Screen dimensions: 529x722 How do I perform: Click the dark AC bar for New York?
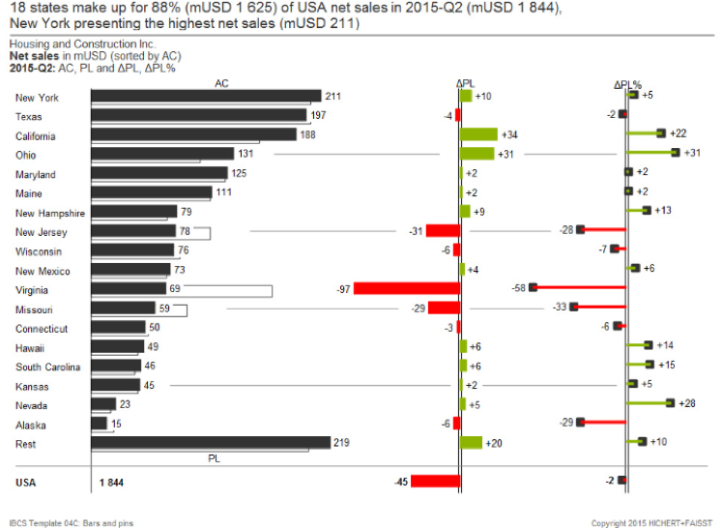[205, 97]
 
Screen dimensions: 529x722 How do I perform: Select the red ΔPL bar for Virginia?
[406, 288]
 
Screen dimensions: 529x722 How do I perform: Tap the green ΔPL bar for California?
[478, 134]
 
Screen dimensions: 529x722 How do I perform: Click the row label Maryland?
[36, 174]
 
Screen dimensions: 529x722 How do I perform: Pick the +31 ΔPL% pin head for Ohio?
[675, 153]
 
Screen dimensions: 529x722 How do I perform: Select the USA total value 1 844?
[111, 481]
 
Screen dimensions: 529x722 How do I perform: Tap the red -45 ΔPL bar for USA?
[436, 481]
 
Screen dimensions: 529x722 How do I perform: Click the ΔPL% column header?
[627, 85]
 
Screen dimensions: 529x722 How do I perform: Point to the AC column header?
[220, 84]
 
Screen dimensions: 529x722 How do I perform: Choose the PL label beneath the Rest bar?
[215, 457]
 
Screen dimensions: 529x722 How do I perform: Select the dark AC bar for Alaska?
[100, 423]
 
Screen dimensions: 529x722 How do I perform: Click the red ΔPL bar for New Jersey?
[443, 230]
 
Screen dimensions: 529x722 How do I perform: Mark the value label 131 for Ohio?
[246, 154]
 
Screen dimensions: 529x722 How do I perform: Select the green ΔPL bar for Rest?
[471, 442]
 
